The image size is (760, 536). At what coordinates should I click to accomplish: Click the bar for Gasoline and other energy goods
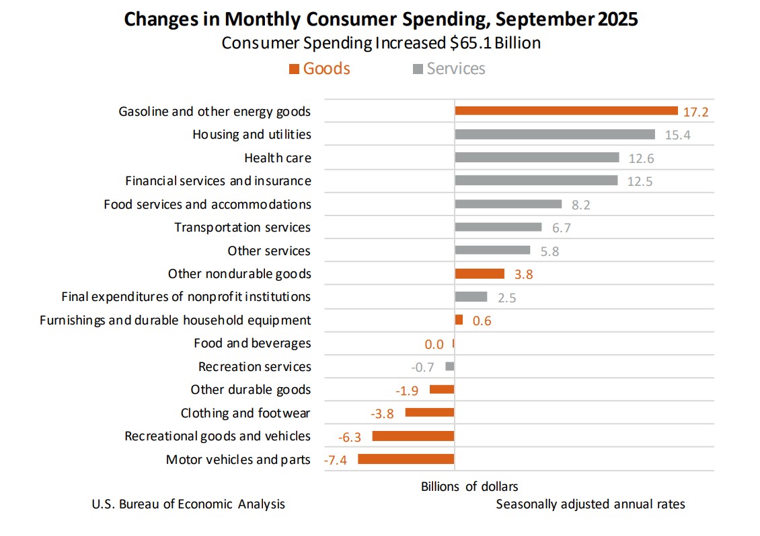tap(566, 111)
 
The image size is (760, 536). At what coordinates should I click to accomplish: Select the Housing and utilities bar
tap(554, 134)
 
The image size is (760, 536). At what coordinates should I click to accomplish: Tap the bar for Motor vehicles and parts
tap(406, 459)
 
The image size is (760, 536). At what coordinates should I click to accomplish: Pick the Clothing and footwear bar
tap(429, 413)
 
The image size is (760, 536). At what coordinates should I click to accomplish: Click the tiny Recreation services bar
tap(450, 366)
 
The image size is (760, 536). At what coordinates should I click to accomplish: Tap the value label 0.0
tap(434, 344)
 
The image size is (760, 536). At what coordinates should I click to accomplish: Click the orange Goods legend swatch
tap(293, 69)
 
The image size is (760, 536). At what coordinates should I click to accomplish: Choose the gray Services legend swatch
tap(418, 69)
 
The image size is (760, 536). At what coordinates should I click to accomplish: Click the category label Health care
tap(277, 158)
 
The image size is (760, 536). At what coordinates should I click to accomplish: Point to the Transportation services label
tap(242, 228)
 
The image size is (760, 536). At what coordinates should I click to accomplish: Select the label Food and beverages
tap(252, 343)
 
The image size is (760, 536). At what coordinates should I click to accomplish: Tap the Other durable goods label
tap(250, 390)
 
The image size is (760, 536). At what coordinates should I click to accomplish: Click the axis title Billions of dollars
tap(469, 486)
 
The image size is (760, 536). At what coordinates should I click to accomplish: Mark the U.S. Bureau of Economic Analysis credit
tap(188, 504)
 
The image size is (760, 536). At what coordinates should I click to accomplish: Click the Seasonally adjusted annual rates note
tap(590, 504)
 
